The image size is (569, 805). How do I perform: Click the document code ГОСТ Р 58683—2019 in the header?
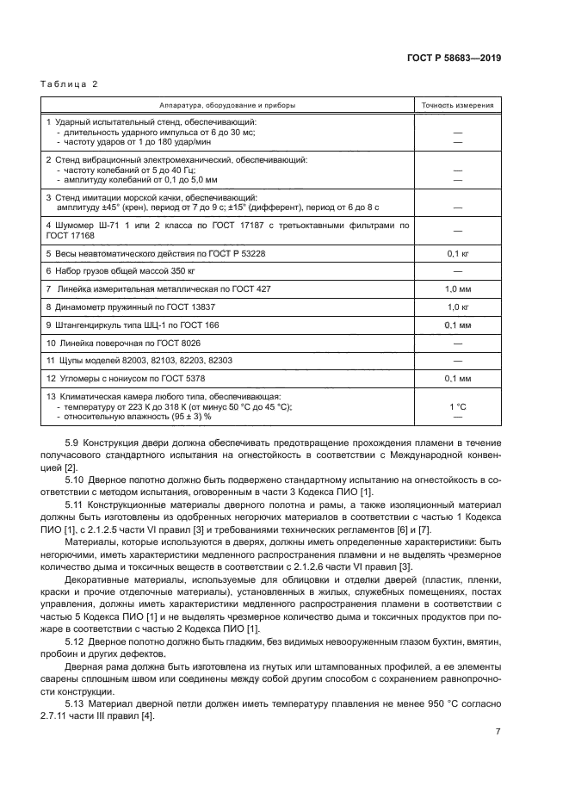pyautogui.click(x=454, y=58)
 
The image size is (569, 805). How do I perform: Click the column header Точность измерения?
pyautogui.click(x=457, y=105)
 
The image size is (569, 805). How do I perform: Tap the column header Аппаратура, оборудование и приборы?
pyautogui.click(x=227, y=105)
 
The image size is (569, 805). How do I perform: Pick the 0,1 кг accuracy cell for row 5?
pyautogui.click(x=457, y=254)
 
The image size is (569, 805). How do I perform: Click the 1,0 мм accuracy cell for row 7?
pyautogui.click(x=457, y=289)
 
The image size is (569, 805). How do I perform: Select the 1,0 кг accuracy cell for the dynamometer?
pyautogui.click(x=457, y=307)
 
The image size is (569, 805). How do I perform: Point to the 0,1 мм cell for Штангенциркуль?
pyautogui.click(x=457, y=325)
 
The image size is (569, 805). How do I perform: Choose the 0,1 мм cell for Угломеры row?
pyautogui.click(x=457, y=378)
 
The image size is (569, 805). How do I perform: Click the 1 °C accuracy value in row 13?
pyautogui.click(x=457, y=406)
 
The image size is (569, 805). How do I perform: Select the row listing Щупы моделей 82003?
pyautogui.click(x=145, y=361)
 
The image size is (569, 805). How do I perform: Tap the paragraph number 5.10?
pyautogui.click(x=75, y=478)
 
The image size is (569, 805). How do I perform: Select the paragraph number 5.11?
pyautogui.click(x=75, y=503)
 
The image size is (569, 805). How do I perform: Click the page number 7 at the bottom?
pyautogui.click(x=498, y=732)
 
